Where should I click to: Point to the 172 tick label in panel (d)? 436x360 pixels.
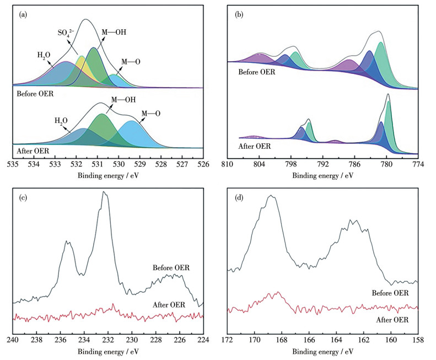(x=228, y=340)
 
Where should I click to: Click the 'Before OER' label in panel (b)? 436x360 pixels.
(x=256, y=72)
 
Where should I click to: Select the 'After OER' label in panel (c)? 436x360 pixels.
(x=169, y=305)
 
